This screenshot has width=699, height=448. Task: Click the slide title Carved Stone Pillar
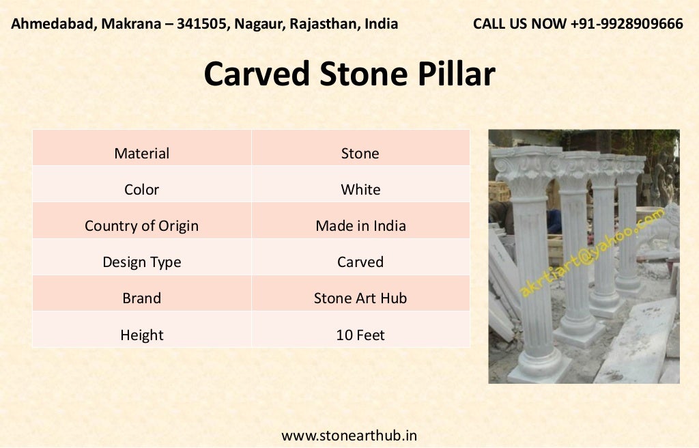coord(349,74)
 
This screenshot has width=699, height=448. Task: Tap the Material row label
coord(141,153)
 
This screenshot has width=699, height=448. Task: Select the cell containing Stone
coord(360,153)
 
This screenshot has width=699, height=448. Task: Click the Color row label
coord(141,189)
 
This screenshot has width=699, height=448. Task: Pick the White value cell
coord(360,189)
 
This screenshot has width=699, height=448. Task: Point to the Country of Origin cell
coord(141,225)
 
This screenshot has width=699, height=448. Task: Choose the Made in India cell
coord(360,225)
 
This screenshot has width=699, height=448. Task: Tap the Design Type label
coord(141,262)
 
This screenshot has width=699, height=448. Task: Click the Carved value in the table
coord(360,262)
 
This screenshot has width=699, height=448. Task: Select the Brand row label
coord(141,298)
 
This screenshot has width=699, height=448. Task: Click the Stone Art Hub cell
coord(360,298)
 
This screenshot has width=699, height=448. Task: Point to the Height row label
coord(141,335)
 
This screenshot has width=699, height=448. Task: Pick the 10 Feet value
coord(360,335)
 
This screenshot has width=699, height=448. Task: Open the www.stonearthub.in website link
coord(349,435)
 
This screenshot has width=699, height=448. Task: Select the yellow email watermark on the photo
coord(591,253)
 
